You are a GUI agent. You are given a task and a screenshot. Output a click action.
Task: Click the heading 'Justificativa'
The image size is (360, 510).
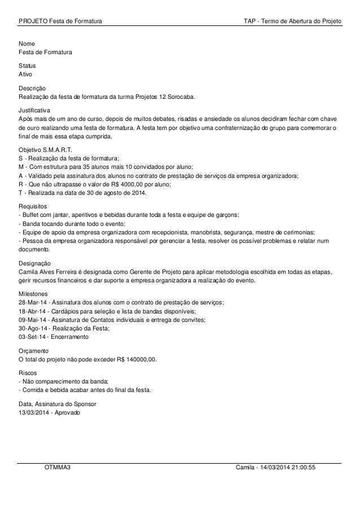click(34, 107)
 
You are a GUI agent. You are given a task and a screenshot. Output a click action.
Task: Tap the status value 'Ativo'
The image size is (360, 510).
click(26, 75)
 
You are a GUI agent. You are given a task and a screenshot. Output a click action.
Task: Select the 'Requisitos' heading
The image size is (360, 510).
click(33, 206)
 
